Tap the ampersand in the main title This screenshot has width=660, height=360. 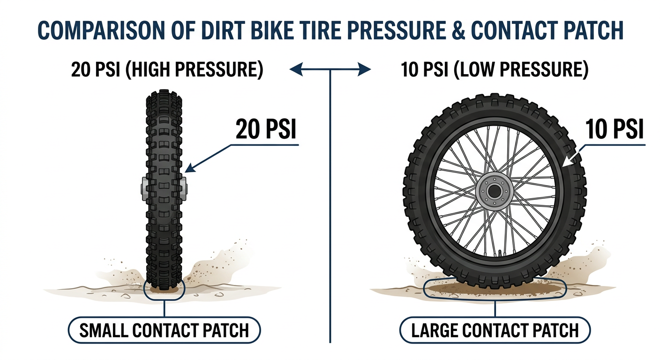pos(457,30)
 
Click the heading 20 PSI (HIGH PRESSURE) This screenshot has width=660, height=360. pos(167,69)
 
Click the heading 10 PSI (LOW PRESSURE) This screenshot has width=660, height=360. pos(495,69)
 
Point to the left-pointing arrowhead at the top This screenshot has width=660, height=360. pos(296,69)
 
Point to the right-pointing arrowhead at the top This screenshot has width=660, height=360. pos(364,69)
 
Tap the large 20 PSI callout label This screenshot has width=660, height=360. pos(266,129)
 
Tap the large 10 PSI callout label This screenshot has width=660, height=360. pos(615,129)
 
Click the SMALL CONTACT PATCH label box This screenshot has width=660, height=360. pos(165,330)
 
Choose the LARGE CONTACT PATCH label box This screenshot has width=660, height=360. pos(495,330)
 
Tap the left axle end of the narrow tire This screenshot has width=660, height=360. pos(144,188)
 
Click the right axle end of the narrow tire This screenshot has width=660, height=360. pos(184,188)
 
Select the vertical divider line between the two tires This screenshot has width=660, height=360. pos(330,206)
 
